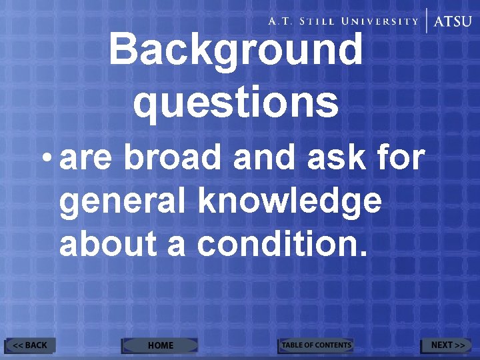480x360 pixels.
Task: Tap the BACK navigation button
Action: [31, 345]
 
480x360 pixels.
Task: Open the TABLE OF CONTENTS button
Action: [315, 345]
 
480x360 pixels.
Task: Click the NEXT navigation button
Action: [447, 345]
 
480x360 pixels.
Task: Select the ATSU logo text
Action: [453, 21]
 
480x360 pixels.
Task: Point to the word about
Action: [108, 245]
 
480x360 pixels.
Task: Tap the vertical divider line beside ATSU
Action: [427, 21]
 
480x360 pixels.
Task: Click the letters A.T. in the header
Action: [281, 21]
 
